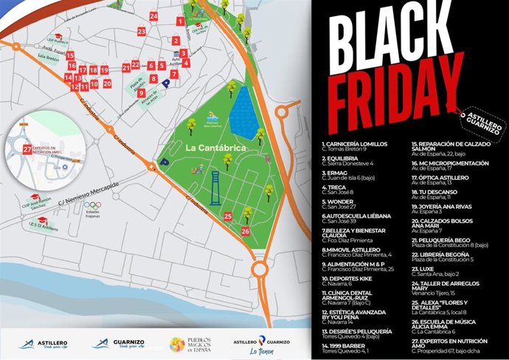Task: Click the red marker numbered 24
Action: click(153, 15)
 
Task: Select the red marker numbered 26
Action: click(245, 231)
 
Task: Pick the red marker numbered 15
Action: click(70, 55)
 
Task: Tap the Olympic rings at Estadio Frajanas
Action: click(92, 205)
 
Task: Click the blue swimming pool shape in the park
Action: click(243, 114)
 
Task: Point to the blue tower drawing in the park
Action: click(215, 187)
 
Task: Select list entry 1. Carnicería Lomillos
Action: click(356, 145)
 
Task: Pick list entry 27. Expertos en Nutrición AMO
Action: click(451, 344)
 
